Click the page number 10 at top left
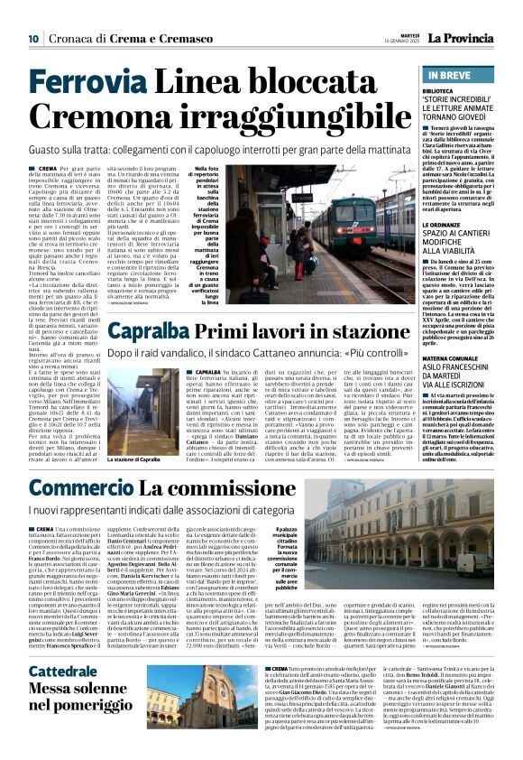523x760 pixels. click(32, 38)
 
